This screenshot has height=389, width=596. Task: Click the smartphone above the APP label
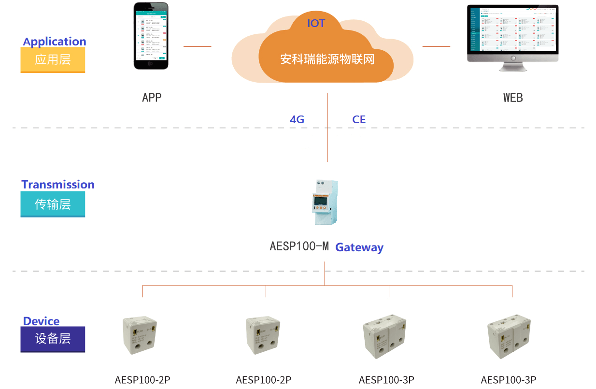(151, 36)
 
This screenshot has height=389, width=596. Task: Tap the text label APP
(152, 98)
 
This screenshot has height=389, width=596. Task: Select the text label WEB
(513, 98)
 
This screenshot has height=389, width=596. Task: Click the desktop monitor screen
(512, 30)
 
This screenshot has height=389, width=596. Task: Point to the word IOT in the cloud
(316, 23)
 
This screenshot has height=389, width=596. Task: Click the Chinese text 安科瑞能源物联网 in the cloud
(327, 59)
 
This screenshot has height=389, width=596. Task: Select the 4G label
(297, 119)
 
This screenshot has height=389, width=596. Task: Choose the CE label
(359, 119)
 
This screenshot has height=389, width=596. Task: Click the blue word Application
(55, 42)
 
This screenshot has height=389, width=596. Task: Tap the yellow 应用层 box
(53, 60)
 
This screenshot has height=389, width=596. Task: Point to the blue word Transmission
(58, 185)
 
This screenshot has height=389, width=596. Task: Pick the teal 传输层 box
(53, 204)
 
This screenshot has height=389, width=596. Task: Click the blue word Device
(42, 321)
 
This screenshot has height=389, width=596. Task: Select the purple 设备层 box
(53, 339)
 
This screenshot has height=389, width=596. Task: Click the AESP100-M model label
(299, 246)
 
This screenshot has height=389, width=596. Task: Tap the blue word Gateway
(359, 247)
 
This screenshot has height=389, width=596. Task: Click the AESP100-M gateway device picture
(325, 202)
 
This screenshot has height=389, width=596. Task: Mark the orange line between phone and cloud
(197, 46)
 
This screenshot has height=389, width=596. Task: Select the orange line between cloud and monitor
(436, 46)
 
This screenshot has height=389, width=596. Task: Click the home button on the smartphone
(151, 64)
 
